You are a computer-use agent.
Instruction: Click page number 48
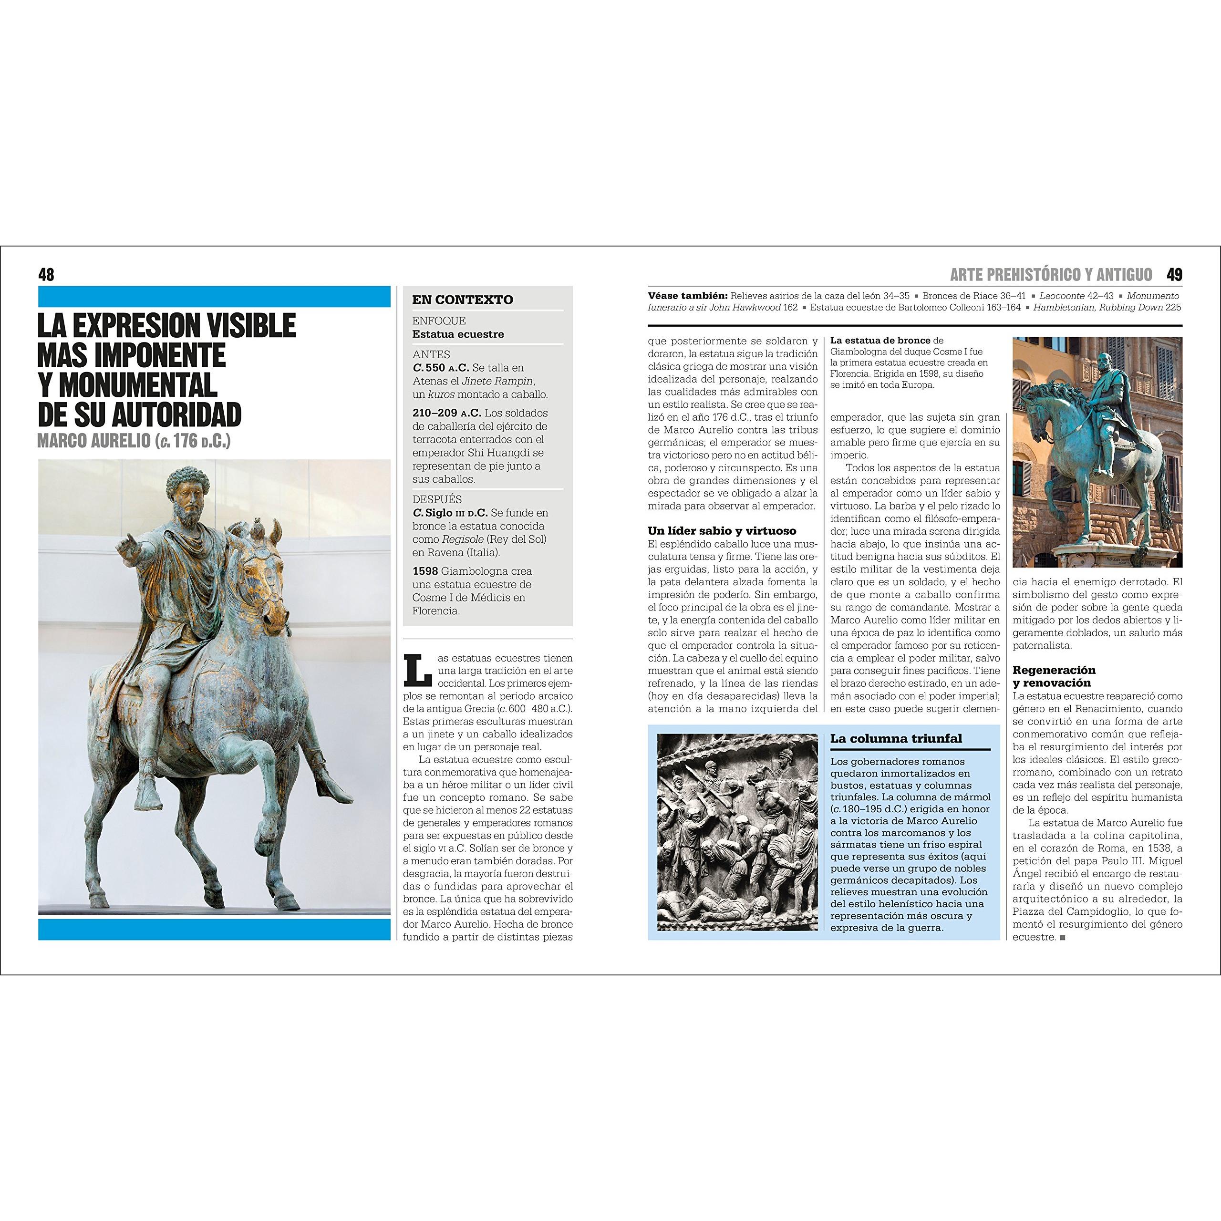46,274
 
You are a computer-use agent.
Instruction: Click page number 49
1174,274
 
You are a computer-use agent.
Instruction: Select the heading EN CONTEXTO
463,300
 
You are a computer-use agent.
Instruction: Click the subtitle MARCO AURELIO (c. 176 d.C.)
134,441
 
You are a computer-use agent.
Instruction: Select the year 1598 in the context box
424,571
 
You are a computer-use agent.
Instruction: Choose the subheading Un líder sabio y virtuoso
722,531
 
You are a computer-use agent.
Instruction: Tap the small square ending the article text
1062,938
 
